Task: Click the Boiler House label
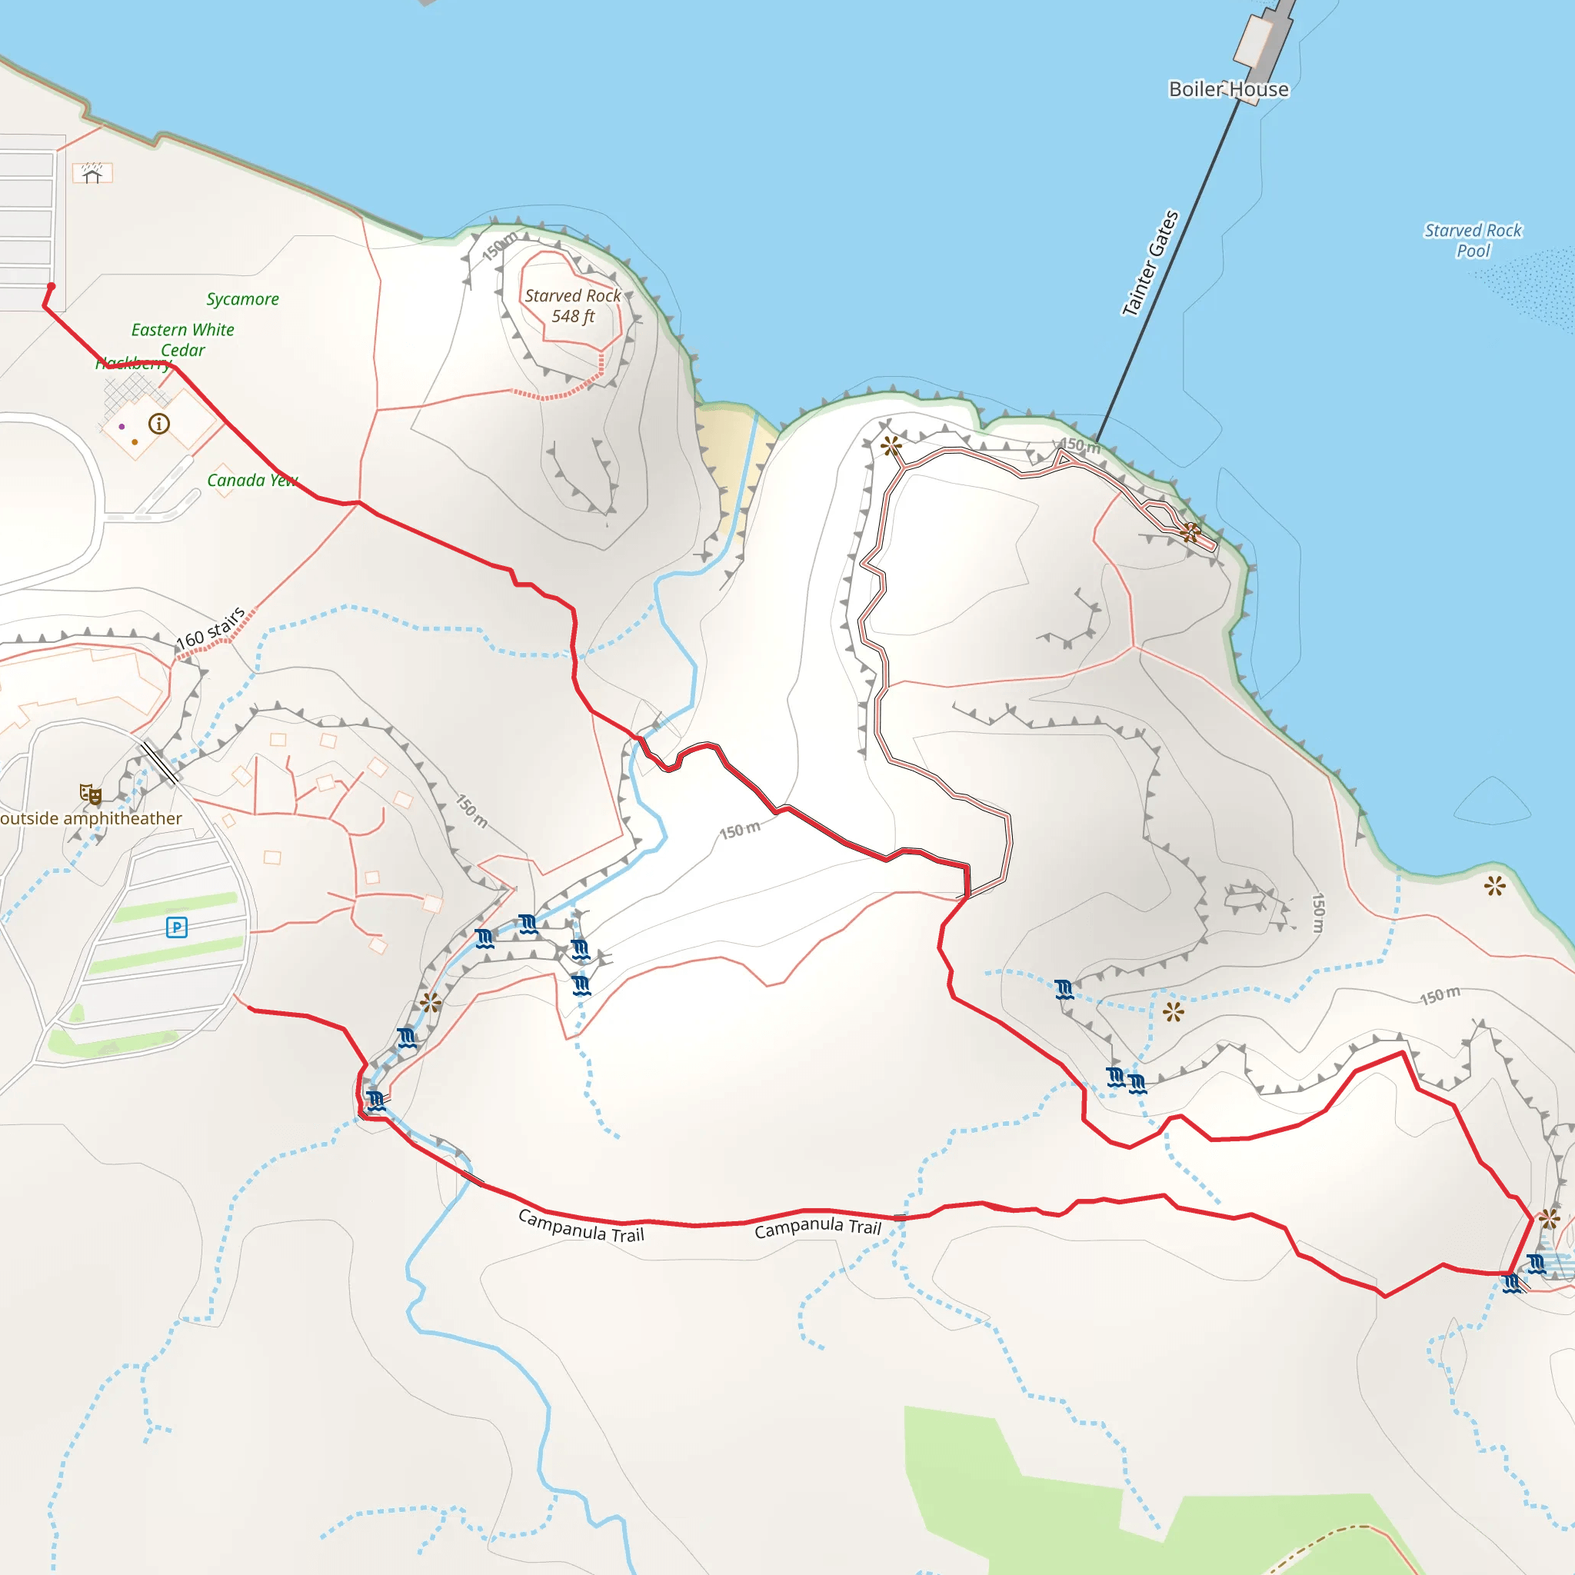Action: coord(1228,89)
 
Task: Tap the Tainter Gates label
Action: coord(1150,262)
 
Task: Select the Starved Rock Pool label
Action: coord(1472,241)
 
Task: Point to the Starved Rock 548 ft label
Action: coord(572,306)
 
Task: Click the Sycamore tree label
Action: coord(242,299)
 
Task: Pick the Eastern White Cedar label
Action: coord(182,339)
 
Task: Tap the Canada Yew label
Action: coord(252,480)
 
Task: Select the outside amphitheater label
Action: coord(91,818)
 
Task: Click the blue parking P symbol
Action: coord(177,927)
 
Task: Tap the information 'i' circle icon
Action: coord(159,424)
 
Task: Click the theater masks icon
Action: coord(90,794)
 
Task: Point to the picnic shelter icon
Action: coord(92,173)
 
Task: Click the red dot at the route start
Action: coord(51,287)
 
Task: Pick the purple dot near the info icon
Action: coord(122,426)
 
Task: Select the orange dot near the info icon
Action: coord(135,442)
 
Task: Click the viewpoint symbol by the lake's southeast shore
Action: coord(1494,885)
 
